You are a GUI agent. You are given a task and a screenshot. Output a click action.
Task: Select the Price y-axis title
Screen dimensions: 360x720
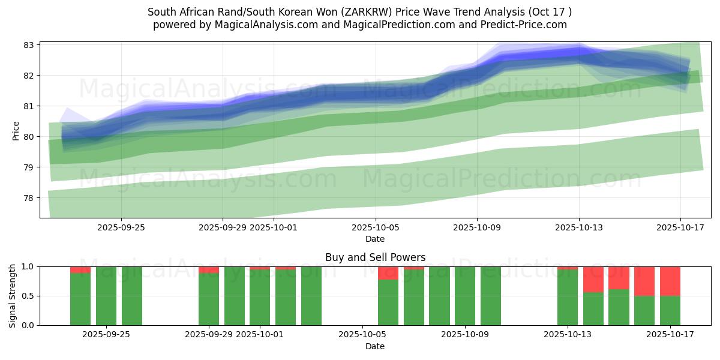coord(16,130)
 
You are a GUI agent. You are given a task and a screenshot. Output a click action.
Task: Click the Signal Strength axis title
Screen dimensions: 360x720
coord(13,296)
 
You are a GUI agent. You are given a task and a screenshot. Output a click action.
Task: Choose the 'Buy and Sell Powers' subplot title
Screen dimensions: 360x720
coord(375,257)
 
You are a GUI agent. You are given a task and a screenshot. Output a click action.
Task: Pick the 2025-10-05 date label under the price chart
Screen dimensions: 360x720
coord(375,227)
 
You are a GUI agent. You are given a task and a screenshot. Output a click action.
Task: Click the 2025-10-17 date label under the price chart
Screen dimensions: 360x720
coord(680,227)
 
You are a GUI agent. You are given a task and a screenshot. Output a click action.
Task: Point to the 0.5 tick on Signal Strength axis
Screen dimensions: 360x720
coord(29,296)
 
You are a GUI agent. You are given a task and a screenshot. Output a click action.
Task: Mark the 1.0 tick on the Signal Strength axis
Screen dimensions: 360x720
coord(29,266)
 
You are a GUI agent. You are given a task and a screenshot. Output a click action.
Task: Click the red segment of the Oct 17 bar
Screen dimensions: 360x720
coord(670,281)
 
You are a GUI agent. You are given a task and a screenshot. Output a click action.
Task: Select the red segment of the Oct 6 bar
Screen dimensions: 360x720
coord(388,273)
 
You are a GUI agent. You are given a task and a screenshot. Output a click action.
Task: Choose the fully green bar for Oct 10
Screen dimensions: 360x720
coord(491,296)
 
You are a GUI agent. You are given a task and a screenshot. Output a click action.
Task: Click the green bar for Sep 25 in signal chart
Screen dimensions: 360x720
coord(132,296)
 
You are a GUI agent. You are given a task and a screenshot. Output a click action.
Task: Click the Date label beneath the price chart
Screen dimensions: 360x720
coord(375,239)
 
